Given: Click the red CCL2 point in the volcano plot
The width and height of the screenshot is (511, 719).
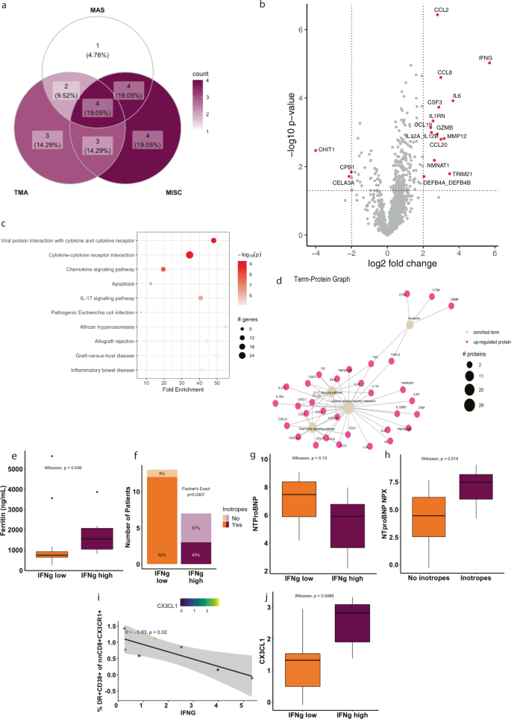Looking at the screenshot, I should (437, 14).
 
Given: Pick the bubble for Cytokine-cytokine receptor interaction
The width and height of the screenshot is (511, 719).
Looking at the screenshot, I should (189, 255).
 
